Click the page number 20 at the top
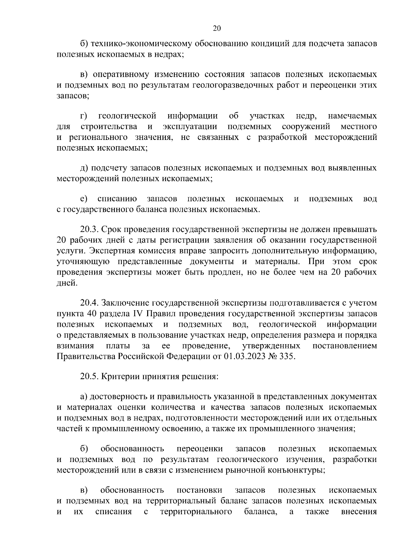click(216, 28)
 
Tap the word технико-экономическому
click(142, 44)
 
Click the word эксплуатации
click(189, 126)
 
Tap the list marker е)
click(83, 199)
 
